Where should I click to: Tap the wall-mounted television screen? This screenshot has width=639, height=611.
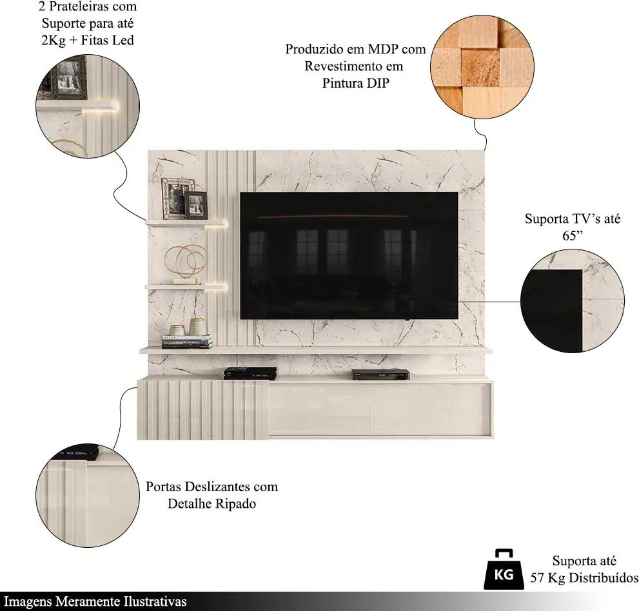tap(349, 255)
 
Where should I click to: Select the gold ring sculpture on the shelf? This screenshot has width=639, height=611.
tap(186, 262)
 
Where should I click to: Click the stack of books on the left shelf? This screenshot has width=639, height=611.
tap(188, 342)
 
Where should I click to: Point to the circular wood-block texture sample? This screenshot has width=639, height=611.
tap(482, 67)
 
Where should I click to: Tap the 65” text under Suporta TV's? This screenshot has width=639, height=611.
tap(573, 236)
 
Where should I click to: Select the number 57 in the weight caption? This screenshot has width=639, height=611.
tap(537, 578)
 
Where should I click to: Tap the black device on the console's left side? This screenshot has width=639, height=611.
tap(250, 373)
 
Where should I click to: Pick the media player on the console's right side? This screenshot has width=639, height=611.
tap(380, 374)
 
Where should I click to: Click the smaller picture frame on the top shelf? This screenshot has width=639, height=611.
tap(197, 204)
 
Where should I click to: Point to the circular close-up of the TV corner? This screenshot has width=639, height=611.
tap(572, 301)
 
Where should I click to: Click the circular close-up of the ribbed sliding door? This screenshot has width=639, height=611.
tap(88, 496)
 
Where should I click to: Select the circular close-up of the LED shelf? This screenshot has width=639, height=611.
tap(88, 106)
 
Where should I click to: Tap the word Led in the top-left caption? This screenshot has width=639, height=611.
tap(124, 41)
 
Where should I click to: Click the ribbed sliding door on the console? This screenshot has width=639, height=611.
tap(202, 409)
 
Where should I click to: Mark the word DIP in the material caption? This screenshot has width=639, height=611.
tap(378, 83)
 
